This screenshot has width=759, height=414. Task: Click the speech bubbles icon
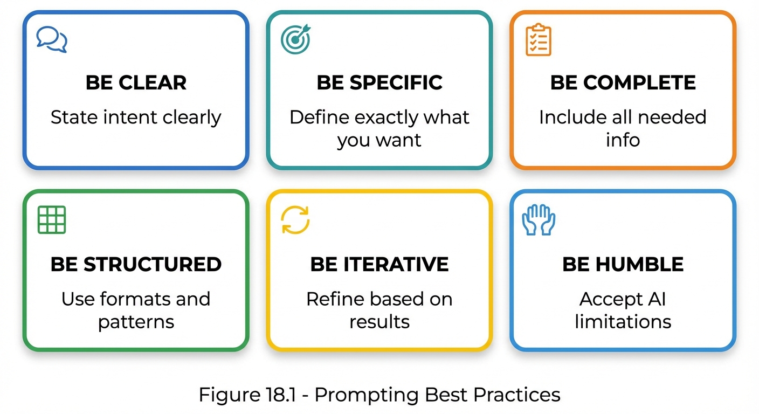click(x=52, y=39)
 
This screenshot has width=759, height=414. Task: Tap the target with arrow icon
click(x=295, y=39)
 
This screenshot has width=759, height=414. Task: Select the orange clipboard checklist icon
click(x=539, y=40)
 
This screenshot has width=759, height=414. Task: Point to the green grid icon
click(x=52, y=220)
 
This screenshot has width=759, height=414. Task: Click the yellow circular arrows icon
click(x=295, y=220)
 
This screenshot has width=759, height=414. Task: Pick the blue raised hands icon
click(x=539, y=219)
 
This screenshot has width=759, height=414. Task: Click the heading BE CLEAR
click(x=136, y=82)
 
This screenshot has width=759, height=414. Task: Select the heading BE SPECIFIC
click(x=379, y=82)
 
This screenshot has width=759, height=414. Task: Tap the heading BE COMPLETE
click(x=623, y=82)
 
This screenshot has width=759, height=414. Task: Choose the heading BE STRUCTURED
click(x=136, y=264)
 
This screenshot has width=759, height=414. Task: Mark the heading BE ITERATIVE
click(x=379, y=264)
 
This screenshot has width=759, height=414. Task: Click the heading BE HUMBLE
click(x=623, y=264)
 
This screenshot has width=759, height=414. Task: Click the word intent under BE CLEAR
click(x=125, y=117)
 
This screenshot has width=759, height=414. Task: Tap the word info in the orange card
click(x=623, y=140)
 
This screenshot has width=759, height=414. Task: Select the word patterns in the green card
click(x=136, y=322)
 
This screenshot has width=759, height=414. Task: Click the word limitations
click(x=623, y=322)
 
